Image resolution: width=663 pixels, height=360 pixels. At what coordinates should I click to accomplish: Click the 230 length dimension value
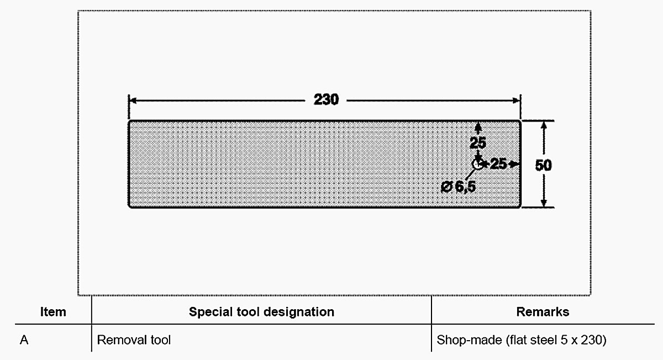point(326,100)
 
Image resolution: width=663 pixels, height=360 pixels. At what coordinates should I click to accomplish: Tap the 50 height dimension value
point(544,165)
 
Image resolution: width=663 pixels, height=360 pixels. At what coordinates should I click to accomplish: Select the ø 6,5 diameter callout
point(459,187)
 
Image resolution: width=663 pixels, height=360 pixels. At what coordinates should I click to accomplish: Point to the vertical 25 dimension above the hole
point(478,143)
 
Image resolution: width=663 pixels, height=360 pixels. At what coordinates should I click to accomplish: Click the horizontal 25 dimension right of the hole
point(498,163)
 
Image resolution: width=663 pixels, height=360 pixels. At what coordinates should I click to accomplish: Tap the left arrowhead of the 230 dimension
point(133,100)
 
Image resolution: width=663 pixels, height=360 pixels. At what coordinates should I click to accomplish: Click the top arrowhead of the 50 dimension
point(544,125)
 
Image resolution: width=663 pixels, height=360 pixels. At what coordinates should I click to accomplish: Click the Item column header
point(53,312)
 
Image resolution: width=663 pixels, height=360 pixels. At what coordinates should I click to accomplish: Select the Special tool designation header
point(261,312)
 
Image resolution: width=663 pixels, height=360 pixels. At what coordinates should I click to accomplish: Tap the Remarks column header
point(543,312)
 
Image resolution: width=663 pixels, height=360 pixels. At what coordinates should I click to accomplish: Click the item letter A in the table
point(24,340)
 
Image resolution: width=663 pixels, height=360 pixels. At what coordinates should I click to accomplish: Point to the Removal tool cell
point(134,340)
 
